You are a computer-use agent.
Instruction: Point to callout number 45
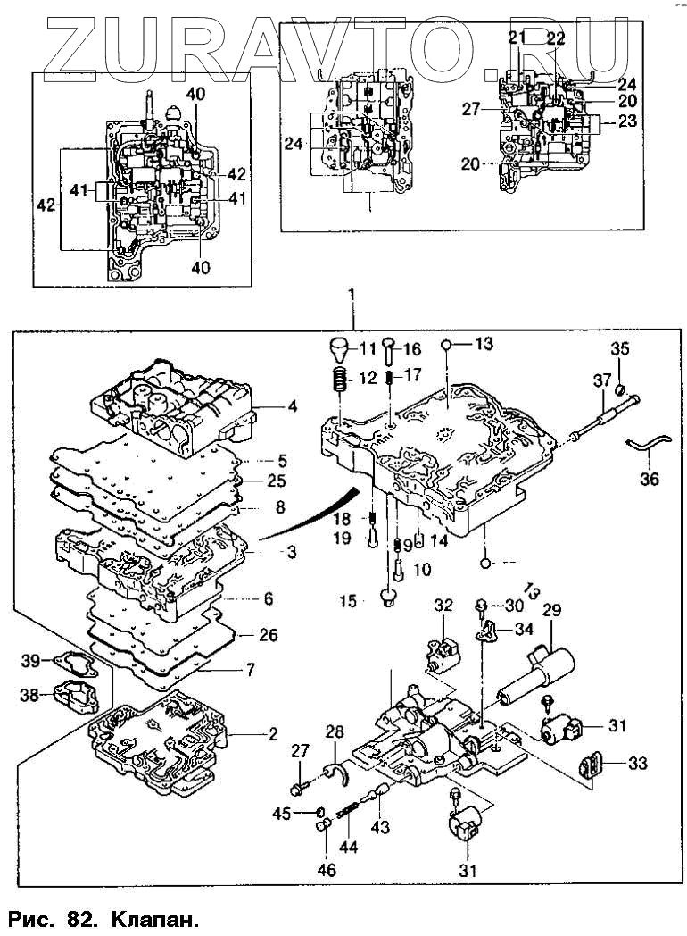283,813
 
